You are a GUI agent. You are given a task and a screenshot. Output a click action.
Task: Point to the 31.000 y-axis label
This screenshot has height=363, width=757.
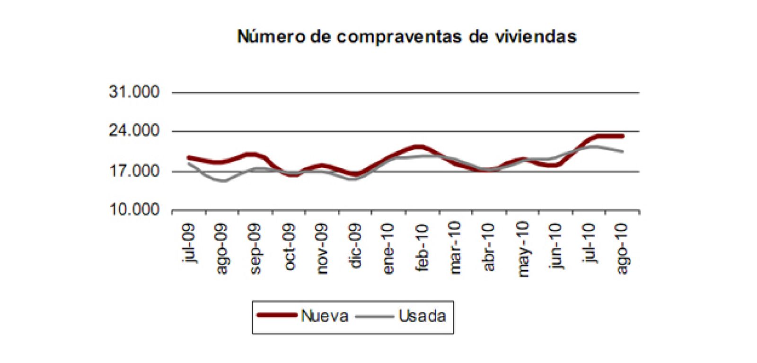(134, 92)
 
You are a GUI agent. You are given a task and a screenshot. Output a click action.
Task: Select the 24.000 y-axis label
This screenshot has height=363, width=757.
(134, 130)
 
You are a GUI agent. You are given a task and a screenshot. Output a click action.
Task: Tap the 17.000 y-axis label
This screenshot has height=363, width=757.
(134, 171)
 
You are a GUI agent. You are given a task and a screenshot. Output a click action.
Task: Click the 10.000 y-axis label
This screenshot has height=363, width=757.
(134, 209)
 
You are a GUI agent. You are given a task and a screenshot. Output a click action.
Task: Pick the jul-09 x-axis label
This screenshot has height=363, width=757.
(189, 244)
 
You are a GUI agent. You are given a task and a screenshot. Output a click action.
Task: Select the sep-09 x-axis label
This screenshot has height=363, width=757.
(255, 248)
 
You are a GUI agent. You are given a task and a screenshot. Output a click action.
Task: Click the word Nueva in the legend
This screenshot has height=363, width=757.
(325, 316)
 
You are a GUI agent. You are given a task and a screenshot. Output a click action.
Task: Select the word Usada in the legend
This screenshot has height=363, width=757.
(422, 316)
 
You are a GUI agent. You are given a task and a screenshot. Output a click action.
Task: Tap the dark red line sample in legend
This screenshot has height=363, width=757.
(276, 315)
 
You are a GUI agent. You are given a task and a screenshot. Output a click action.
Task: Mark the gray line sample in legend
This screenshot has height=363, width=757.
(374, 316)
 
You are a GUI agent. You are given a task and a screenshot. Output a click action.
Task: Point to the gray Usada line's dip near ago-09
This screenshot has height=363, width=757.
(223, 181)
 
